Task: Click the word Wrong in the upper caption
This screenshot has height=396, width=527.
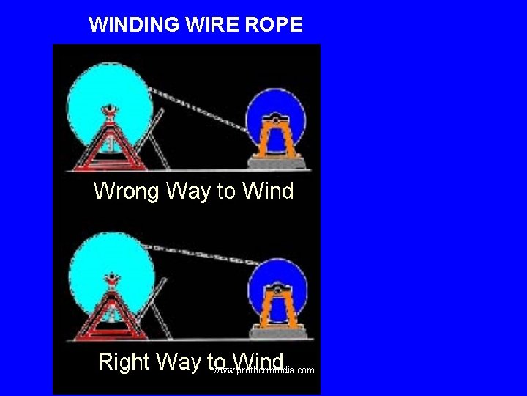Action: pyautogui.click(x=126, y=192)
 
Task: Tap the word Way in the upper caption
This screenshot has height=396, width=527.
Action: pyautogui.click(x=187, y=192)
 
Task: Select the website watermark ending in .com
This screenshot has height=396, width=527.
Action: pyautogui.click(x=264, y=370)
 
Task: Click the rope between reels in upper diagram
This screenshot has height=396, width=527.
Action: pyautogui.click(x=198, y=107)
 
